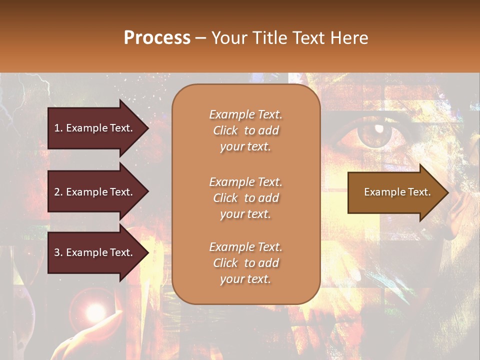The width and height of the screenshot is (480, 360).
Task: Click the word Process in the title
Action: tap(157, 38)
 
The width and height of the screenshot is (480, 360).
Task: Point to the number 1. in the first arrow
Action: tap(58, 128)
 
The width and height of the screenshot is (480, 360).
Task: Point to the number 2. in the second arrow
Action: tap(58, 192)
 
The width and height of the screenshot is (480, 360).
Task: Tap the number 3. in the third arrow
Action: tap(58, 252)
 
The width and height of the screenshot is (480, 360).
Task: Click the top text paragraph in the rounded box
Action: tap(245, 130)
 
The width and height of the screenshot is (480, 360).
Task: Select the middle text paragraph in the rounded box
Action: tap(245, 197)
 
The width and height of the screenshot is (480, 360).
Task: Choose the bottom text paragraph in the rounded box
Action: tap(245, 263)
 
